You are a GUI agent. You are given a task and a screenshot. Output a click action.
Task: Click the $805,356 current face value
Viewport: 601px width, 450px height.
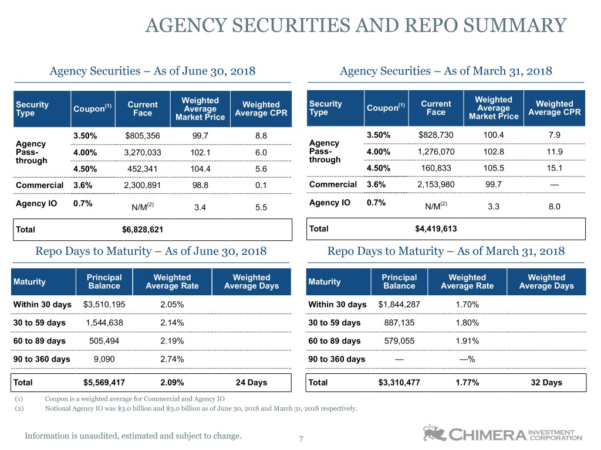(x=143, y=136)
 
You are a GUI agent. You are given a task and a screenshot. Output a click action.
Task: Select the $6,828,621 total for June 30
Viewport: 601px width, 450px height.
(x=143, y=230)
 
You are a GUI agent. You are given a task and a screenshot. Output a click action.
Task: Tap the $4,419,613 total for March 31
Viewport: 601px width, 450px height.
(x=436, y=229)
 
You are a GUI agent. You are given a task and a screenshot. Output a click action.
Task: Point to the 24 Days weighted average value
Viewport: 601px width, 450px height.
(x=251, y=382)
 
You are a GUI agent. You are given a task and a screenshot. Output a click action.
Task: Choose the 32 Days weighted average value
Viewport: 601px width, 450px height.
(x=546, y=382)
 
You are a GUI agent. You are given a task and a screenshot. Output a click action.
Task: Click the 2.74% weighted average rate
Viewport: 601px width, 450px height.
(x=172, y=359)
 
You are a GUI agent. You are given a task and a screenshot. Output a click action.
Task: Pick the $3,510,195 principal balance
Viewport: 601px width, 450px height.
(x=104, y=305)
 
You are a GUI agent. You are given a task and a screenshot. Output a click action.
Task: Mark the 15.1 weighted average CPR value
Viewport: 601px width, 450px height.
(x=555, y=168)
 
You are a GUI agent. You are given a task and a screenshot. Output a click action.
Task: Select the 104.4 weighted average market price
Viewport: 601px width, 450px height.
(x=201, y=169)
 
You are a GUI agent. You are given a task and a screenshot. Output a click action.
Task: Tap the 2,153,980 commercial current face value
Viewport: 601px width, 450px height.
(x=436, y=185)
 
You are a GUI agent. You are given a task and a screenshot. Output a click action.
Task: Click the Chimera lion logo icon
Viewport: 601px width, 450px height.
(x=435, y=433)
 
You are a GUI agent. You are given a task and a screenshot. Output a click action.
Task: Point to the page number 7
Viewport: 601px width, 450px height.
(x=301, y=439)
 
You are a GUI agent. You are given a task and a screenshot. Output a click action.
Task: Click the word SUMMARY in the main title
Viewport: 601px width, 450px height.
(x=515, y=26)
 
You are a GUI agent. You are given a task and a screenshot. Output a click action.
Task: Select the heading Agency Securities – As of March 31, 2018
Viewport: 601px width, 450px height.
(x=446, y=71)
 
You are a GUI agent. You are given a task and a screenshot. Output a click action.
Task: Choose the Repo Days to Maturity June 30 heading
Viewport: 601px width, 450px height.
(x=151, y=251)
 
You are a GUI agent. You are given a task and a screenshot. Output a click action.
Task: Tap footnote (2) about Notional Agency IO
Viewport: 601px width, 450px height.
(x=186, y=408)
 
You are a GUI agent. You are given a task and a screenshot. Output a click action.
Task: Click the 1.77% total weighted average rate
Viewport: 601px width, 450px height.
(x=467, y=382)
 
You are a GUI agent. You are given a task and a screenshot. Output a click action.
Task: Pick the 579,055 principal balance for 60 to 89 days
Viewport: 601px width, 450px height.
(x=399, y=341)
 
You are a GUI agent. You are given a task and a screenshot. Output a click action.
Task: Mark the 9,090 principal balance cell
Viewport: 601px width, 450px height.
(x=104, y=359)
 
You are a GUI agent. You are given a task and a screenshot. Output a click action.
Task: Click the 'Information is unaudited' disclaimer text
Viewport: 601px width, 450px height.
(x=133, y=436)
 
